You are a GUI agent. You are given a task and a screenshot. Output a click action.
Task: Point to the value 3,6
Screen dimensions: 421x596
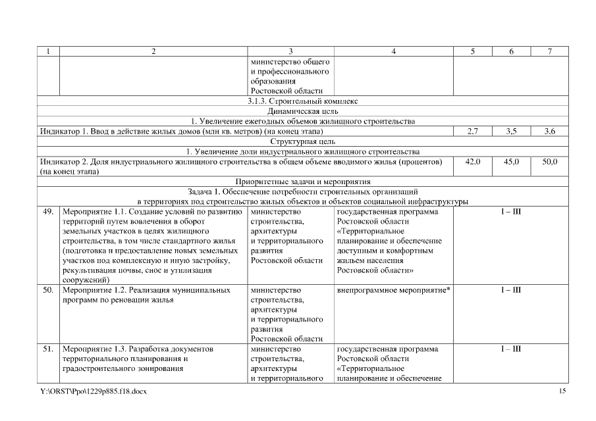(549, 132)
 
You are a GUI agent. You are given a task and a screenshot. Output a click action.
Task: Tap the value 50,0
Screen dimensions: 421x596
(550, 162)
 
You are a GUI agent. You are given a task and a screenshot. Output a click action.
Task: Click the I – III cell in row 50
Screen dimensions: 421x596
(510, 290)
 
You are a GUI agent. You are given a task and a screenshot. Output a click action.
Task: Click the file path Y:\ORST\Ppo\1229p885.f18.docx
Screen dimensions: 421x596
(93, 392)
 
